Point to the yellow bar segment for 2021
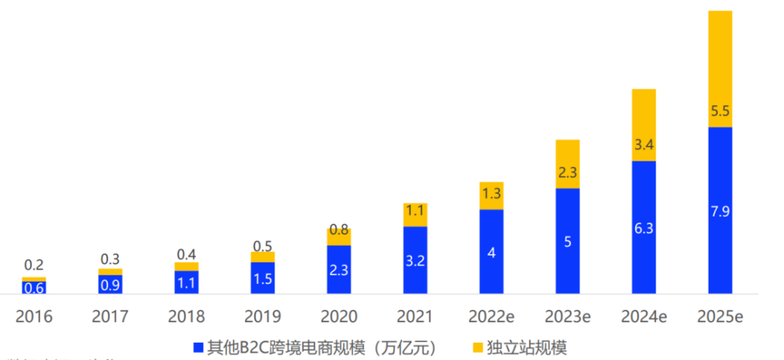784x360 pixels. [x=416, y=215]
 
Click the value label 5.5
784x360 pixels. [x=720, y=112]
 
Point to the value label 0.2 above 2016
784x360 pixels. [x=34, y=265]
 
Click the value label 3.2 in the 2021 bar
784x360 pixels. [x=416, y=260]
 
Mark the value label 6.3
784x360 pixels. [x=644, y=228]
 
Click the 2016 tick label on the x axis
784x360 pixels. [x=34, y=317]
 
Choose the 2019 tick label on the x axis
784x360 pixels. [x=263, y=317]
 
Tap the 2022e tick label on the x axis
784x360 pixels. [x=492, y=317]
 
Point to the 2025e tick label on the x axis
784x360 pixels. [x=720, y=317]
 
